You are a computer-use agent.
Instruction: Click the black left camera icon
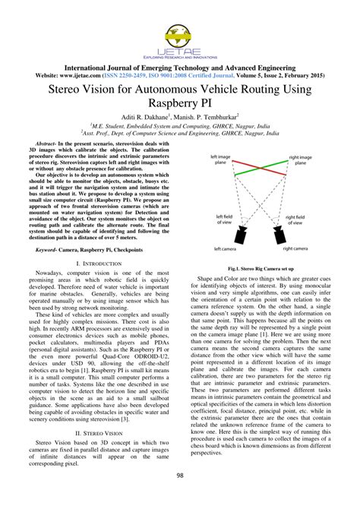(229, 232)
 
